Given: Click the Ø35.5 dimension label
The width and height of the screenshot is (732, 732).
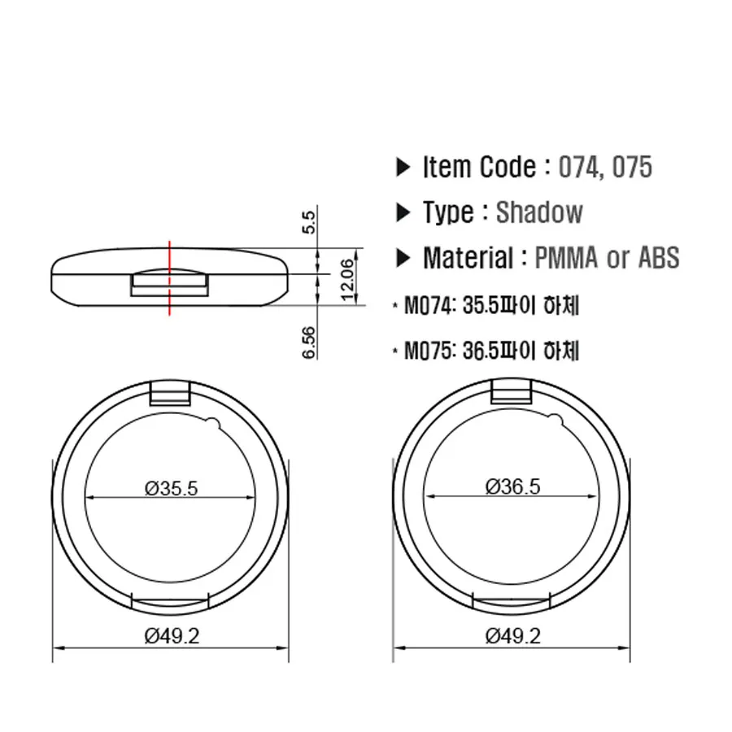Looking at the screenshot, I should click(172, 488).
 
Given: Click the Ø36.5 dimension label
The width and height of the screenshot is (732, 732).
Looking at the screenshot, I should click(512, 486).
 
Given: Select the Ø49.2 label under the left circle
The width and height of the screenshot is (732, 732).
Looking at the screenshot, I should click(172, 636).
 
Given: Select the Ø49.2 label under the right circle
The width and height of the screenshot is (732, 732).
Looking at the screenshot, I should click(512, 636).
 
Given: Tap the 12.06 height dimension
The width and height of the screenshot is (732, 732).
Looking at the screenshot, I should click(347, 279).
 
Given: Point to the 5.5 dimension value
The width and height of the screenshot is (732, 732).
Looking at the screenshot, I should click(308, 221).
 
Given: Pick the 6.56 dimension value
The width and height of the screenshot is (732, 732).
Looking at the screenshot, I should click(308, 342).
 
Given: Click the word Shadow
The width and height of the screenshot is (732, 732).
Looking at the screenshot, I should click(539, 213).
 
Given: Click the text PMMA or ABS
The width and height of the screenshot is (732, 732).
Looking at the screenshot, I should click(607, 259).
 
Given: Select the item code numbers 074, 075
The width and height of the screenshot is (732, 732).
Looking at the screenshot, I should click(605, 168).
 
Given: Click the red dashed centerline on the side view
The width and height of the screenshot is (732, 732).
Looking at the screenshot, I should click(169, 277).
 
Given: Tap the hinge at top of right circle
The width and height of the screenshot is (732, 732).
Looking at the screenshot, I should click(512, 394).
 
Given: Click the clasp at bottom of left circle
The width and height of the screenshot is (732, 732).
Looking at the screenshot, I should click(172, 601).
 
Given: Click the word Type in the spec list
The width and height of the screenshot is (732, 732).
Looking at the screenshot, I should click(447, 213).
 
